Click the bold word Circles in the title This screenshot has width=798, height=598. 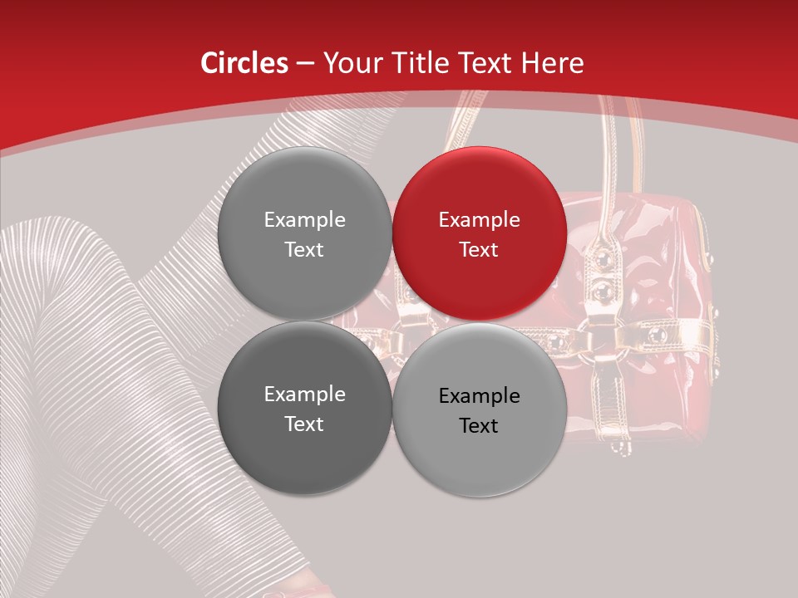click(244, 63)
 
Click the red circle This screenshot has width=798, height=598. click(480, 234)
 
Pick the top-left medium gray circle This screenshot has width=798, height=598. click(304, 234)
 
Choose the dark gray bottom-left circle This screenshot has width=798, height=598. click(304, 409)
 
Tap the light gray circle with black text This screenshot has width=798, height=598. click(480, 410)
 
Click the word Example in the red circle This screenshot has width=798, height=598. click(479, 220)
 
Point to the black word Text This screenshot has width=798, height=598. click(479, 426)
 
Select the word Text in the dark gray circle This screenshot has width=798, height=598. click(304, 424)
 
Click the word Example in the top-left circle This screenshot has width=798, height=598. click(304, 220)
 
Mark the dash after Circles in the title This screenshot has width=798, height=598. click(305, 64)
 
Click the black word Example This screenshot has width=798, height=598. click(479, 396)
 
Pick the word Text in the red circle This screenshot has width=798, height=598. click(479, 250)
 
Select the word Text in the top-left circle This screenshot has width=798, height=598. click(304, 250)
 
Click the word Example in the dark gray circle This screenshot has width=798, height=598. click(304, 395)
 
